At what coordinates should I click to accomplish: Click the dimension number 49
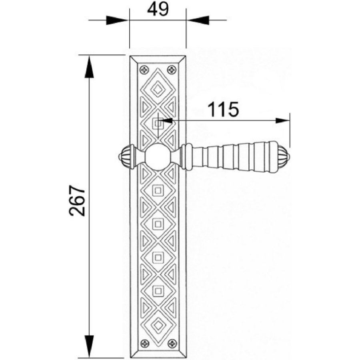158,10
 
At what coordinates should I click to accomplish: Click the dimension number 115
223,109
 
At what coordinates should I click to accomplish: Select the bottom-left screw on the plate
145,344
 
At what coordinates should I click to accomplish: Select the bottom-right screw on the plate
172,344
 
